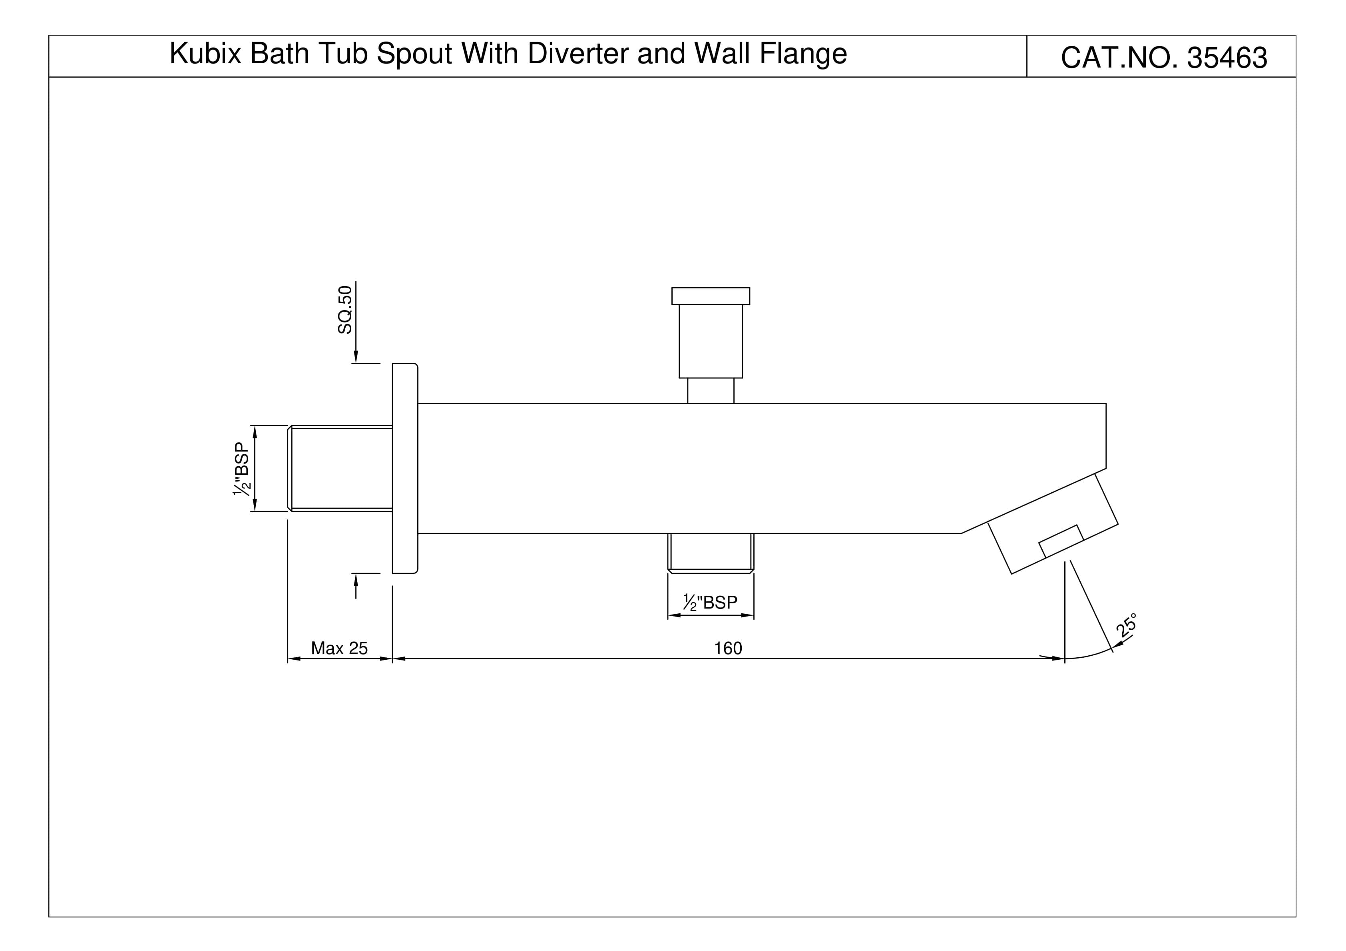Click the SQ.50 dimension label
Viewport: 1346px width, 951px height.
345,310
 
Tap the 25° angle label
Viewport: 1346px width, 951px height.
1126,625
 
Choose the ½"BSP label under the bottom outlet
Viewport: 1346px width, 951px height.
711,602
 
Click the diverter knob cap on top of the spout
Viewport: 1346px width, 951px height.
711,296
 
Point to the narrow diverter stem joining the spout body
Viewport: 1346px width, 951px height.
711,390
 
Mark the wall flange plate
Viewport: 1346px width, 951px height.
405,468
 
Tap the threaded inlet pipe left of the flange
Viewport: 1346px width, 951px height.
340,468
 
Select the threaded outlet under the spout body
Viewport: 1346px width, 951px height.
711,553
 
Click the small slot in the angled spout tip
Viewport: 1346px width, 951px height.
1061,541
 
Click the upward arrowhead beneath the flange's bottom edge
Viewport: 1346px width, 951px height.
356,580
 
